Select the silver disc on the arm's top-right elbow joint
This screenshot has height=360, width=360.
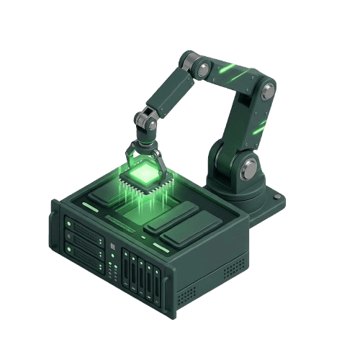[x=268, y=90]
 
